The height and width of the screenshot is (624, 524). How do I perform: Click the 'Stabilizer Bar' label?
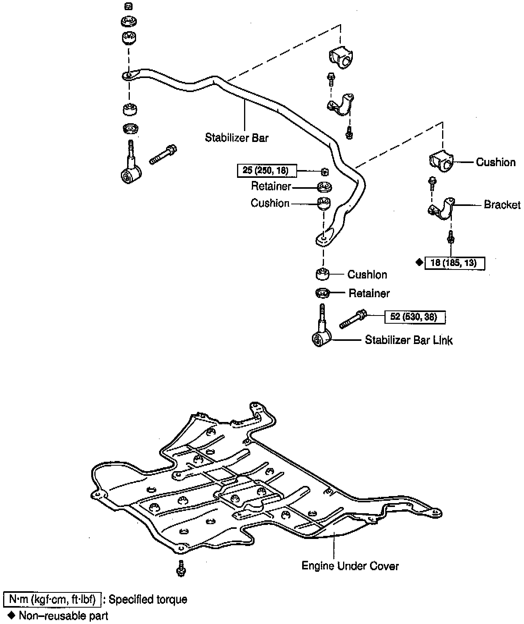pyautogui.click(x=237, y=138)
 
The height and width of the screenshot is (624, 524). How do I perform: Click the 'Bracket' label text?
pyautogui.click(x=502, y=204)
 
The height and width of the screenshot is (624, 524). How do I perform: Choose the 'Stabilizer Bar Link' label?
pyautogui.click(x=409, y=340)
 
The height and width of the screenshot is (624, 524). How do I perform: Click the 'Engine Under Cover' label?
pyautogui.click(x=350, y=566)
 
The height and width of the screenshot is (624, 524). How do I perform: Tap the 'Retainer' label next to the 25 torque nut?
pyautogui.click(x=271, y=186)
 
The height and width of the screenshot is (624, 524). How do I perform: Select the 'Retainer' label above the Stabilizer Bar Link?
pyautogui.click(x=369, y=293)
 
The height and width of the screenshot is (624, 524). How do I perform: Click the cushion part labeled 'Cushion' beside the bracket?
pyautogui.click(x=440, y=161)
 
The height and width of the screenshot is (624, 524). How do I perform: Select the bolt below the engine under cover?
pyautogui.click(x=181, y=568)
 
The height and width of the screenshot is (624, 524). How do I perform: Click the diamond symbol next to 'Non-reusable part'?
pyautogui.click(x=11, y=616)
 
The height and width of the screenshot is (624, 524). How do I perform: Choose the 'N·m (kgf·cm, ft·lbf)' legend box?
pyautogui.click(x=52, y=599)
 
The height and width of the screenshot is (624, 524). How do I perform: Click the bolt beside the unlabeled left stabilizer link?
pyautogui.click(x=163, y=154)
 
